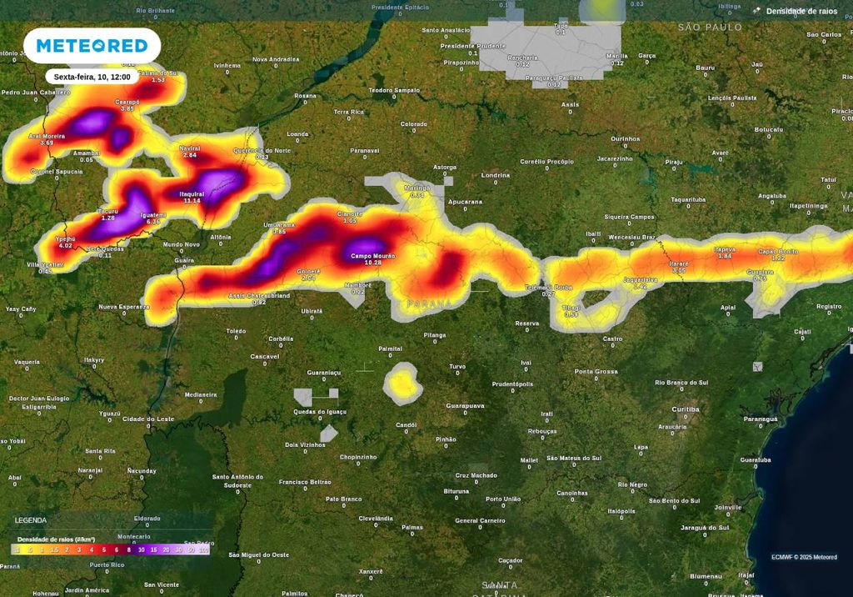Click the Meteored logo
[91, 45]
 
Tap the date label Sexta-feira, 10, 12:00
[92, 77]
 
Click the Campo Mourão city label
[372, 256]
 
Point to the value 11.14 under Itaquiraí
[192, 201]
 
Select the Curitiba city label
[686, 409]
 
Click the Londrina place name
[496, 175]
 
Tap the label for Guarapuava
[465, 405]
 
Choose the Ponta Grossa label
[596, 371]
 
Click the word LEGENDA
[31, 520]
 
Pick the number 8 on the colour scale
[128, 550]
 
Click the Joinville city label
[728, 507]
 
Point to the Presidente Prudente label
[473, 46]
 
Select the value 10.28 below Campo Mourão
[367, 263]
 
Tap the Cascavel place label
[265, 356]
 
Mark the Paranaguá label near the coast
[760, 419]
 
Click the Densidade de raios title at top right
[802, 11]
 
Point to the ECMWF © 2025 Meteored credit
[804, 557]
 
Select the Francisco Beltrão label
[305, 481]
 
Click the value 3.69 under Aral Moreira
[47, 143]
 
